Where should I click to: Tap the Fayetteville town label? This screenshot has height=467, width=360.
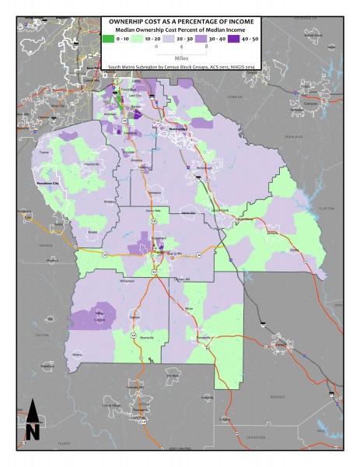tap(92, 164)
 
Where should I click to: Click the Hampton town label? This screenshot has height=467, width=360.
tap(154, 191)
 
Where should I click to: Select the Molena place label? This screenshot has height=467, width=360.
tap(77, 354)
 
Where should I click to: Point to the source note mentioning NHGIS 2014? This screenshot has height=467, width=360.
tap(181, 68)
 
